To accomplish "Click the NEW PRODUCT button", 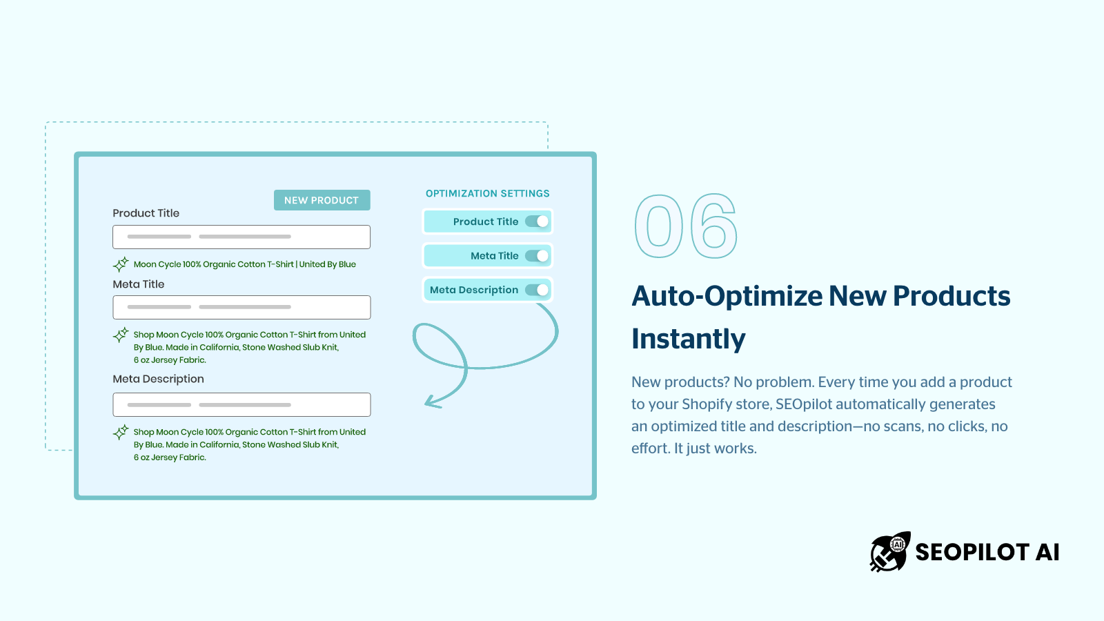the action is pyautogui.click(x=322, y=200).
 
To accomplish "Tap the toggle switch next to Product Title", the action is pyautogui.click(x=537, y=221).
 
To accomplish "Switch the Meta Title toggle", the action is pyautogui.click(x=537, y=256).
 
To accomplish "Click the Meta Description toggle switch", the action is pyautogui.click(x=537, y=290).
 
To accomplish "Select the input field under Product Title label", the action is pyautogui.click(x=241, y=237).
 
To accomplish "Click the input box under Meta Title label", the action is pyautogui.click(x=241, y=308).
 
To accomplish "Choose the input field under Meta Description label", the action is pyautogui.click(x=241, y=404).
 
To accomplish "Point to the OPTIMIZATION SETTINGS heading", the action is pyautogui.click(x=487, y=193).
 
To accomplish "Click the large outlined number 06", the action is pyautogui.click(x=686, y=226).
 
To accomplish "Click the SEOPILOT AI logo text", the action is pyautogui.click(x=987, y=552).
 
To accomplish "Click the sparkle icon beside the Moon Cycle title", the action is pyautogui.click(x=121, y=264).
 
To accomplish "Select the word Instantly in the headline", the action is pyautogui.click(x=689, y=339).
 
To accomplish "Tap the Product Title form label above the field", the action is pyautogui.click(x=146, y=213).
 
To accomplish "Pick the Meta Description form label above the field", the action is pyautogui.click(x=158, y=379).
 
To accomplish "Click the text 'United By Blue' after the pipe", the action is pyautogui.click(x=327, y=264).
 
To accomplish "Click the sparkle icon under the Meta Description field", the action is pyautogui.click(x=121, y=432).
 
